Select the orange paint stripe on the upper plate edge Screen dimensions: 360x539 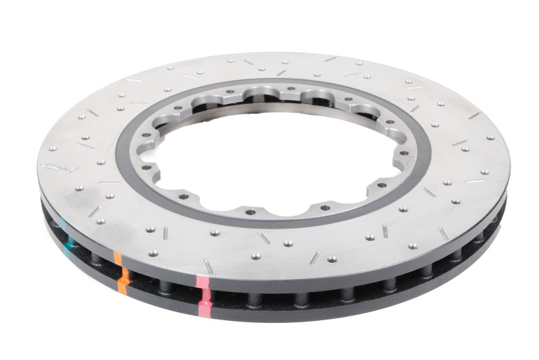(119, 259)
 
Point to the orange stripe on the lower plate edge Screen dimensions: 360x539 (121, 286)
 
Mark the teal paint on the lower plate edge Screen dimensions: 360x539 (68, 251)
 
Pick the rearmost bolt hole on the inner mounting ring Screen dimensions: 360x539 (269, 89)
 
